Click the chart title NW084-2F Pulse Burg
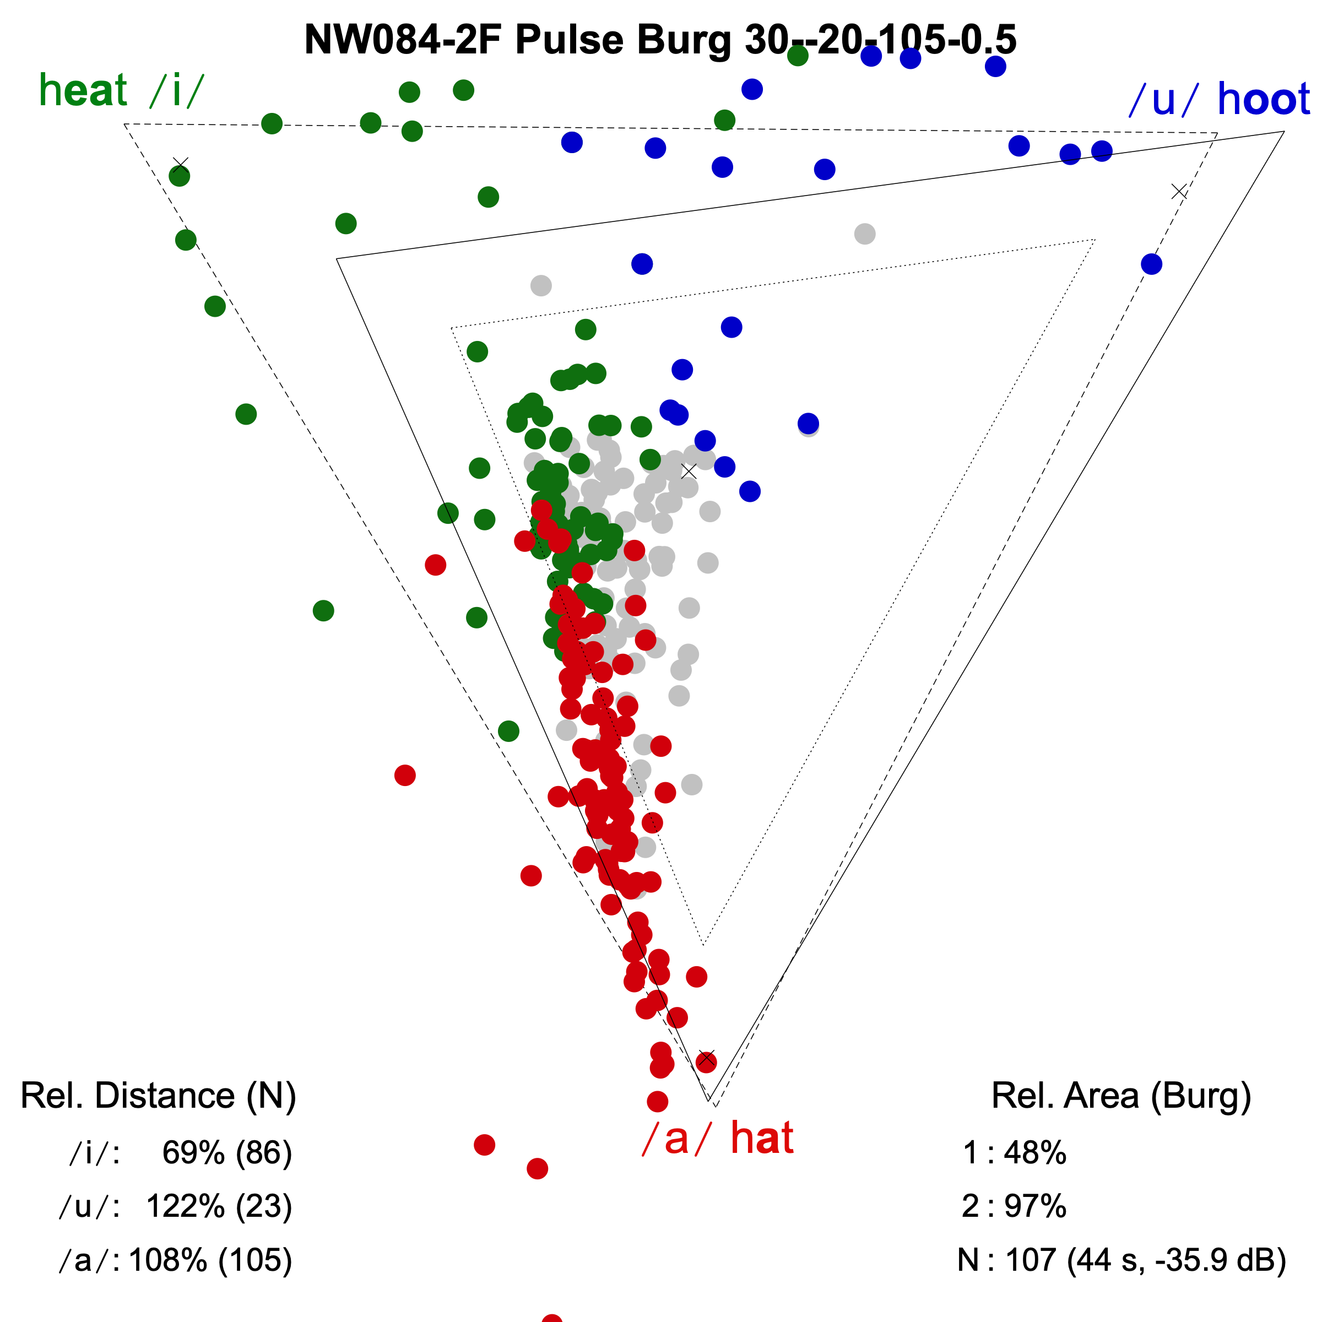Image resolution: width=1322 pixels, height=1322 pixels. (660, 40)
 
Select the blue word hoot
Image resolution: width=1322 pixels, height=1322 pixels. (1263, 99)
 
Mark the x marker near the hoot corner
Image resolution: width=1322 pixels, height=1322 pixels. (1179, 192)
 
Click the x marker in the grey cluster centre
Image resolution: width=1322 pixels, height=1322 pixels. (689, 472)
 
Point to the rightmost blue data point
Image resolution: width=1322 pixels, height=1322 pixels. (1152, 264)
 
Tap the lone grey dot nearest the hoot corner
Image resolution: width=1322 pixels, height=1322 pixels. (865, 234)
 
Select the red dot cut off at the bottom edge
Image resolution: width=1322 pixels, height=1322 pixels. (551, 1317)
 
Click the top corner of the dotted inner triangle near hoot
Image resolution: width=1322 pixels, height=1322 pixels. (1095, 240)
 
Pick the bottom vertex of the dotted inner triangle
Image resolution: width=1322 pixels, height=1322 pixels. (703, 945)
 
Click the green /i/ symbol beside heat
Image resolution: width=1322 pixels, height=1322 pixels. (176, 90)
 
